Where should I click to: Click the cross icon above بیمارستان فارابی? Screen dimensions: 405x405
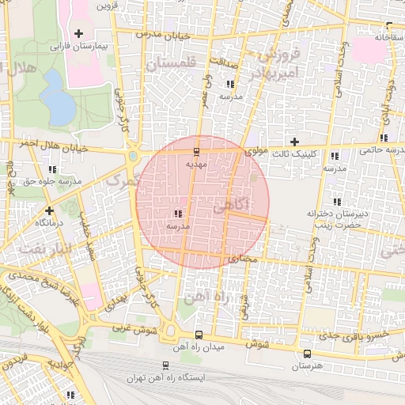[x=78, y=33]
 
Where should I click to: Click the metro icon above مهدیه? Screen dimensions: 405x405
[x=197, y=151]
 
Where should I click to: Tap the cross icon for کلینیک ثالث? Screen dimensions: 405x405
[x=295, y=142]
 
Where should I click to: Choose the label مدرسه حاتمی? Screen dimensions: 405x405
[x=380, y=148]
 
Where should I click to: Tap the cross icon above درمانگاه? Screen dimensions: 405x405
[x=50, y=210]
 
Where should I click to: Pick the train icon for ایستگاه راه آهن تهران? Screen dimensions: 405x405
[x=165, y=365]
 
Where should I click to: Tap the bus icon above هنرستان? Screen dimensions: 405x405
[x=307, y=354]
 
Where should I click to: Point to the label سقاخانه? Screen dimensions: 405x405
[x=389, y=37]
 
